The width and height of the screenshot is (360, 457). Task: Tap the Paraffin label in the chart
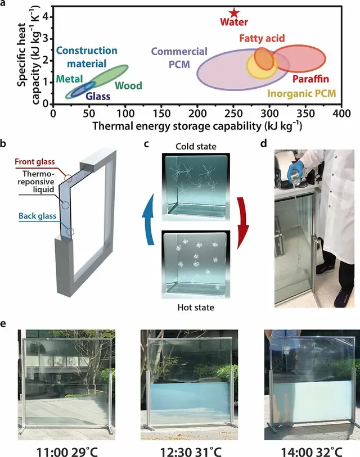(310, 79)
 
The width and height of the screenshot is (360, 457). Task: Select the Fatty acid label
(262, 39)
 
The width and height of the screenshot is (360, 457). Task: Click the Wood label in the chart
(128, 86)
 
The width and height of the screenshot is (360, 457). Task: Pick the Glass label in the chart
(98, 96)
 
